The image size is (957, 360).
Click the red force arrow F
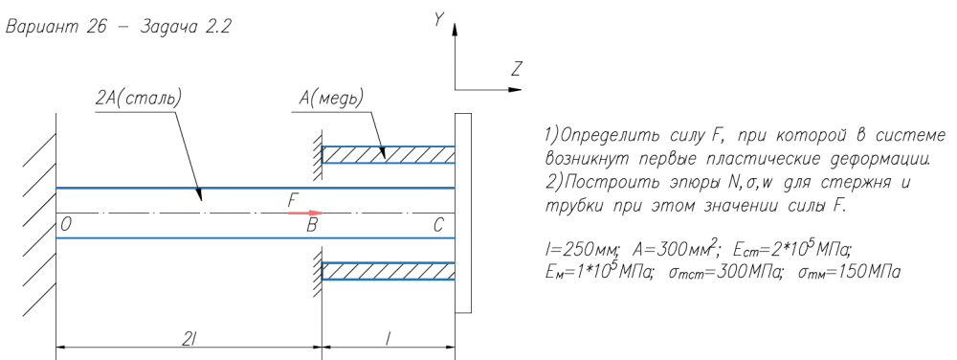[305, 213]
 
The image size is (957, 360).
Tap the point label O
[67, 226]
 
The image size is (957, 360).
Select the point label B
[312, 226]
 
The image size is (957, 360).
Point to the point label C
[438, 226]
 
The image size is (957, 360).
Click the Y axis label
[438, 20]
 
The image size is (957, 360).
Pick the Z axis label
[517, 70]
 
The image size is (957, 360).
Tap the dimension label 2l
[189, 341]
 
